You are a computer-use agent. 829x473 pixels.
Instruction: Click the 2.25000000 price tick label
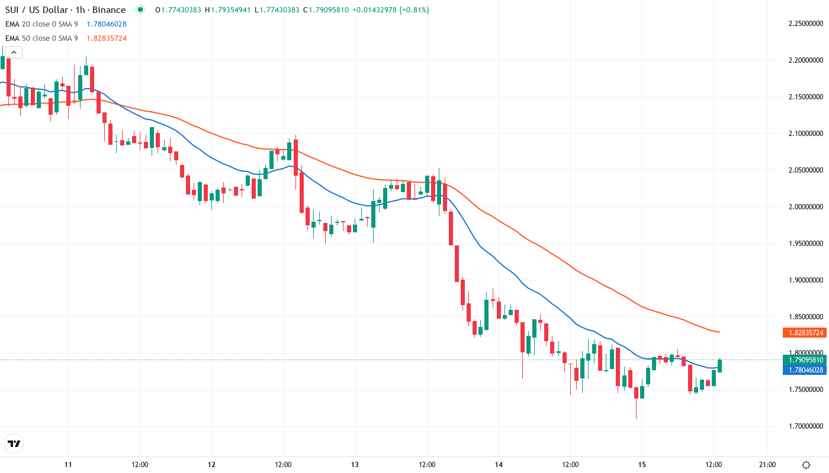(x=805, y=24)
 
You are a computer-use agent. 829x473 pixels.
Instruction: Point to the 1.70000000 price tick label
(x=805, y=426)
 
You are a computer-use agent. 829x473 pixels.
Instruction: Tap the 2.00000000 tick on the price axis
(x=805, y=207)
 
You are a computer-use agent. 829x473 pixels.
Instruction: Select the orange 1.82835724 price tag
(x=805, y=333)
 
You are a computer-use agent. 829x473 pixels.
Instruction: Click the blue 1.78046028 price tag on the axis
(x=805, y=370)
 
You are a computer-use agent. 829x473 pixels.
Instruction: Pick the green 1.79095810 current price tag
(x=805, y=360)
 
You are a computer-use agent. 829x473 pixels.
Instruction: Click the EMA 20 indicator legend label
(x=41, y=24)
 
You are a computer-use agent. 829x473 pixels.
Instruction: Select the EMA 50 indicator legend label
(x=41, y=38)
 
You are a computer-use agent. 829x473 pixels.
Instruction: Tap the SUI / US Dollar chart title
(x=65, y=10)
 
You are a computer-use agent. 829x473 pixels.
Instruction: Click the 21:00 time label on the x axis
(x=767, y=465)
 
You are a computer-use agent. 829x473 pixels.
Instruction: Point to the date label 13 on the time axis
(x=355, y=465)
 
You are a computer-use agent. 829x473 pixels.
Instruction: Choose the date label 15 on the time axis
(x=642, y=465)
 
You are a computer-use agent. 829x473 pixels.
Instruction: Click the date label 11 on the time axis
(x=68, y=465)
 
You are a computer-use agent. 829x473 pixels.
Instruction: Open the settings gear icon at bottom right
(x=806, y=465)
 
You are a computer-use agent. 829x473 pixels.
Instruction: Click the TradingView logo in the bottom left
(x=14, y=443)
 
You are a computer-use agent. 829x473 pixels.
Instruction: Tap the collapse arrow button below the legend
(x=14, y=53)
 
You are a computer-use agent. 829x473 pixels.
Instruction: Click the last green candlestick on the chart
(x=720, y=365)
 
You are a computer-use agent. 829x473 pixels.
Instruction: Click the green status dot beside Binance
(x=140, y=9)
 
